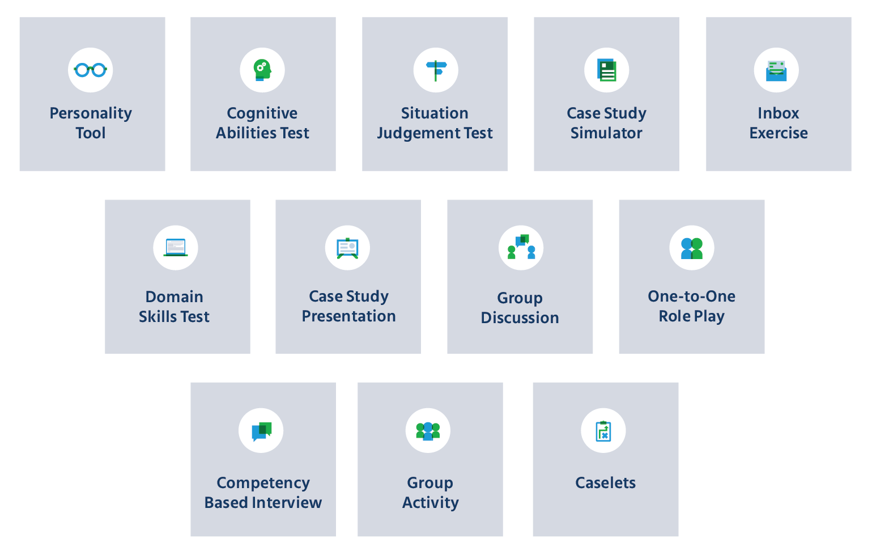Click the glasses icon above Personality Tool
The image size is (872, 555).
[91, 70]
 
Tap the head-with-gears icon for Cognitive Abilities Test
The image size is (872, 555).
[262, 70]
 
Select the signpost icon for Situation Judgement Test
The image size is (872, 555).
[436, 70]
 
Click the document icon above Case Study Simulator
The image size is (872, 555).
[607, 70]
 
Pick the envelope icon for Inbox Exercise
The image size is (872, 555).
[776, 70]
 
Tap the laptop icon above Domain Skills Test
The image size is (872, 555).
[176, 248]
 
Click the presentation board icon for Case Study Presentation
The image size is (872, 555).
[347, 248]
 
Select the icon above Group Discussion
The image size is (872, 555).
[521, 248]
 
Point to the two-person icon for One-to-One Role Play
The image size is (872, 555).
[692, 248]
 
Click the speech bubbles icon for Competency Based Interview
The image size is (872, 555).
[261, 431]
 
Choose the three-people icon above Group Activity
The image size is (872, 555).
[428, 431]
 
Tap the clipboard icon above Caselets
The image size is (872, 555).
[603, 431]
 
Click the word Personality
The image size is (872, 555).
[91, 113]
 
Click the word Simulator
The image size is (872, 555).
[606, 133]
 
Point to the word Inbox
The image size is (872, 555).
[779, 113]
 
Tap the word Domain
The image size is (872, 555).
[175, 297]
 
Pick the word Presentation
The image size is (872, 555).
[349, 316]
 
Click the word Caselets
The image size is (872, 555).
[605, 483]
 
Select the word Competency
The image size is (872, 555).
[263, 483]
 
